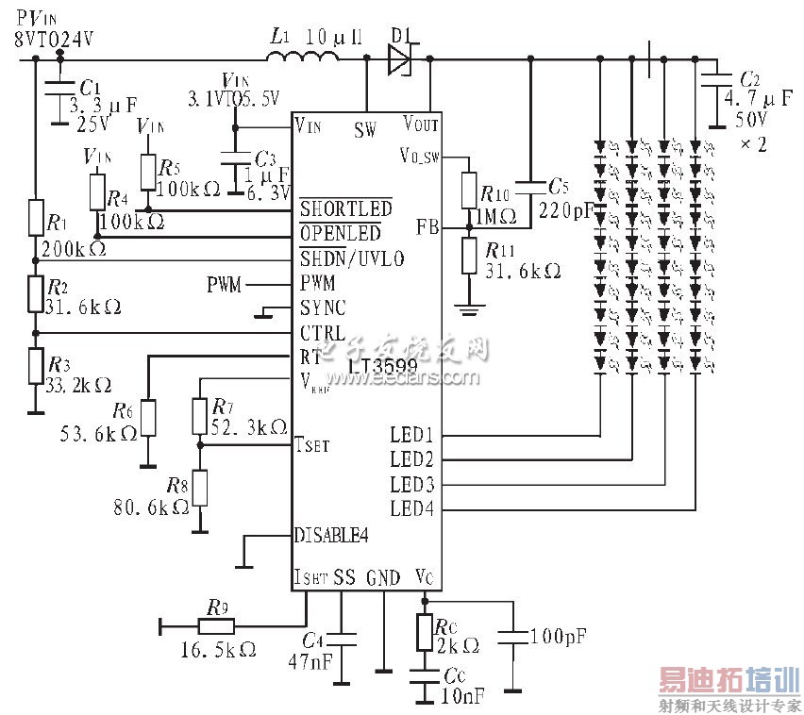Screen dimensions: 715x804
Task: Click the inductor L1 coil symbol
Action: [302, 58]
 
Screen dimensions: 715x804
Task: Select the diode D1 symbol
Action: [400, 59]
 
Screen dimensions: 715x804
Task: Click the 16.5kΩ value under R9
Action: [218, 651]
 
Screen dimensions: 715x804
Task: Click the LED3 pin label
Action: [411, 484]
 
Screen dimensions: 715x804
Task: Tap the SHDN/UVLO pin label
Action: [352, 258]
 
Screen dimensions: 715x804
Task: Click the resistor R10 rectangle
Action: [468, 191]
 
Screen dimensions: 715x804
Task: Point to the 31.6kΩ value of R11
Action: [523, 271]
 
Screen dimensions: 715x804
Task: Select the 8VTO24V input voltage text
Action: [54, 39]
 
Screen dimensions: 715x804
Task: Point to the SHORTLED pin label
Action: [346, 208]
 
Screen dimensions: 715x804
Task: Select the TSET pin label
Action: [313, 444]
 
